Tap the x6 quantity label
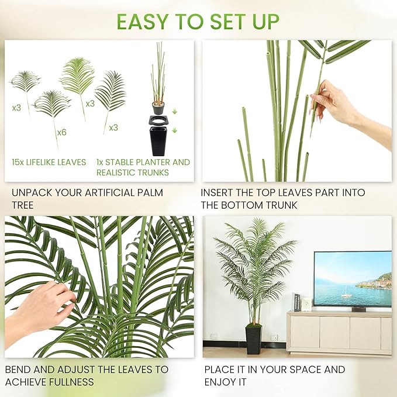point(61,132)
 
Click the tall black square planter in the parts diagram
point(158,141)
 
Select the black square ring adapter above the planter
point(158,120)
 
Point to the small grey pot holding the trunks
point(158,108)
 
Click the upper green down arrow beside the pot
point(174,111)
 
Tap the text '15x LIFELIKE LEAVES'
point(49,163)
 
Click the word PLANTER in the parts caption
point(153,163)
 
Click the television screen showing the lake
point(353,278)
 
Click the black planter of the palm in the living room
point(253,340)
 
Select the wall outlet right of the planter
point(274,337)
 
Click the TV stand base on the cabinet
point(358,309)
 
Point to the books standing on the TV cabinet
point(297,302)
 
